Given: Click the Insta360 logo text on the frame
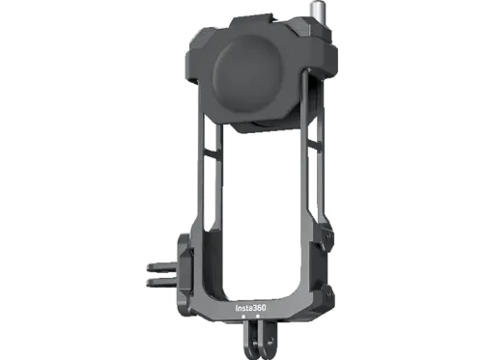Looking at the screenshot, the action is pyautogui.click(x=251, y=308).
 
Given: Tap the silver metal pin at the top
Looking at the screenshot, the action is pyautogui.click(x=315, y=16).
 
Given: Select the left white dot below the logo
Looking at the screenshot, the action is pyautogui.click(x=243, y=317).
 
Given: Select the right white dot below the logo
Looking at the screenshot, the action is pyautogui.click(x=258, y=317).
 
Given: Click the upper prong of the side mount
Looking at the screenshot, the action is pyautogui.click(x=162, y=266).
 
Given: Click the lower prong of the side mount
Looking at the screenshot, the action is pyautogui.click(x=162, y=282).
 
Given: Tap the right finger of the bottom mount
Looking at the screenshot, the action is pyautogui.click(x=268, y=342).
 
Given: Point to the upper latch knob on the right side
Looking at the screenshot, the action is pyautogui.click(x=327, y=238).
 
